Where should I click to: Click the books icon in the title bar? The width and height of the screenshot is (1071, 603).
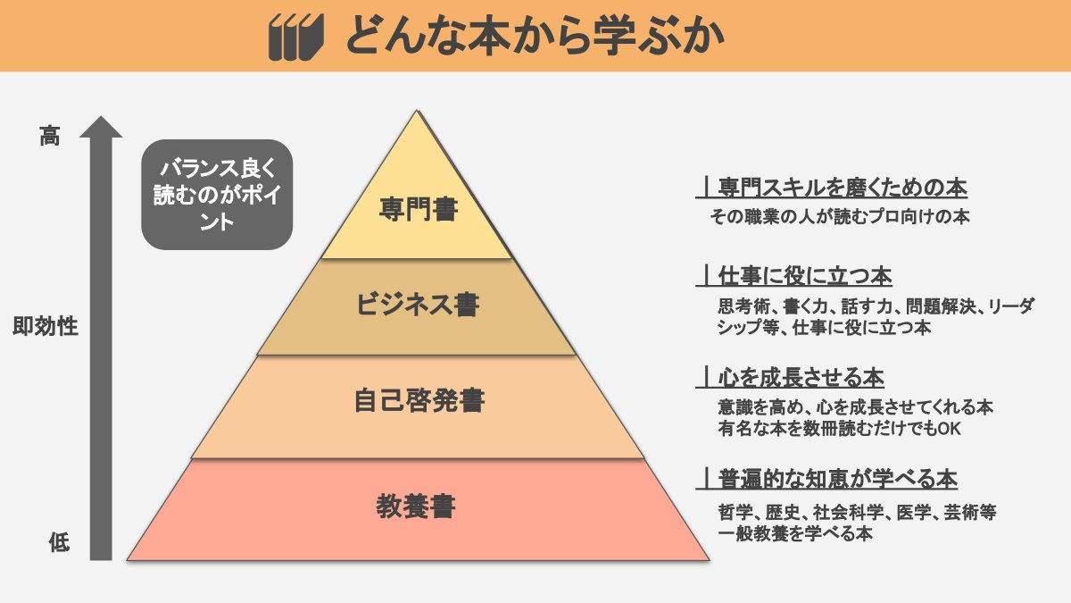pyautogui.click(x=295, y=37)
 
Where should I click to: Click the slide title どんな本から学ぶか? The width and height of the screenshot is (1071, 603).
pyautogui.click(x=534, y=37)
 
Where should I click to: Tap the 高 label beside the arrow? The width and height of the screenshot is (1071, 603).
pyautogui.click(x=50, y=137)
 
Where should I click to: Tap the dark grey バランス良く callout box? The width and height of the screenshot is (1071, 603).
pyautogui.click(x=217, y=194)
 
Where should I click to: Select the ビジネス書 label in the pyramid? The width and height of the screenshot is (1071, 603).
pyautogui.click(x=418, y=306)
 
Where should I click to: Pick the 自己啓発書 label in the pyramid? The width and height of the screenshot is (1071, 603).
pyautogui.click(x=418, y=401)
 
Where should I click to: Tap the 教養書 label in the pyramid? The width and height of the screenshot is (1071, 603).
pyautogui.click(x=418, y=507)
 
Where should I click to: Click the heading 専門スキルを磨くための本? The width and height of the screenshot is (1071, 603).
pyautogui.click(x=843, y=188)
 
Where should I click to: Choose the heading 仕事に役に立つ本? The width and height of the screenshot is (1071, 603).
pyautogui.click(x=805, y=276)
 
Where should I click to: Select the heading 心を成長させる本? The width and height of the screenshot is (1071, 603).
pyautogui.click(x=801, y=377)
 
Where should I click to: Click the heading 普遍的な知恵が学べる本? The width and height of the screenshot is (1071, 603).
pyautogui.click(x=837, y=480)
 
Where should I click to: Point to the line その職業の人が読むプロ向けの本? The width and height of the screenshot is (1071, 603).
pyautogui.click(x=840, y=216)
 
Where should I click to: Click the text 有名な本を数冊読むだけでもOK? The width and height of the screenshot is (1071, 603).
pyautogui.click(x=838, y=429)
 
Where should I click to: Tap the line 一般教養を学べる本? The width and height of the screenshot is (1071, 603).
pyautogui.click(x=794, y=534)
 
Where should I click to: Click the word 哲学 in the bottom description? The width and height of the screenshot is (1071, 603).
pyautogui.click(x=735, y=514)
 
